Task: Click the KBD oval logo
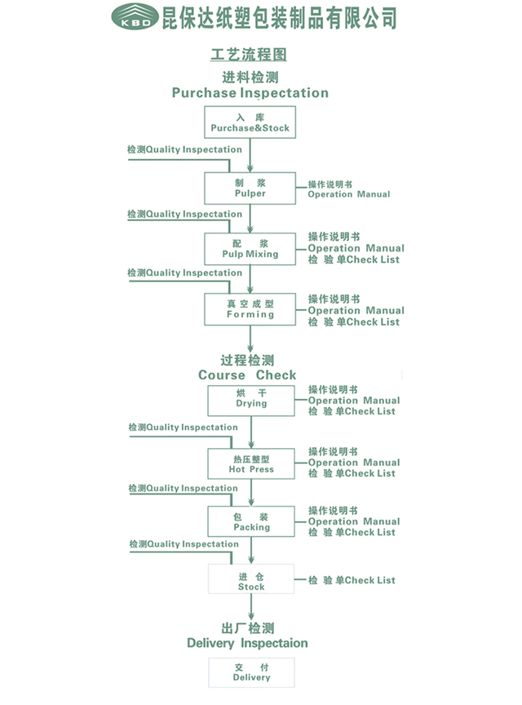(x=135, y=16)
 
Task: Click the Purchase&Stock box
(x=250, y=122)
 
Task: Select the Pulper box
(x=250, y=188)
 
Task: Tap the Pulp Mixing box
(x=250, y=249)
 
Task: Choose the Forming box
(x=250, y=309)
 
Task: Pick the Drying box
(x=251, y=401)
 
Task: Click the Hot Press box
(x=251, y=463)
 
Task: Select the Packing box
(x=251, y=521)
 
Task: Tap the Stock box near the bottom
(x=251, y=579)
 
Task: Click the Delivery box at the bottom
(x=251, y=672)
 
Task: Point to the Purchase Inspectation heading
(x=250, y=93)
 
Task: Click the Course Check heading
(x=247, y=375)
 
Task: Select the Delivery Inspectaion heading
(x=247, y=643)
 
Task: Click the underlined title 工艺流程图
(x=249, y=55)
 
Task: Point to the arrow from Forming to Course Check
(x=250, y=339)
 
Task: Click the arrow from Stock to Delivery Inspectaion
(x=251, y=607)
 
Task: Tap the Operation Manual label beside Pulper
(x=349, y=194)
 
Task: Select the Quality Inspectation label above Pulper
(x=194, y=149)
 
